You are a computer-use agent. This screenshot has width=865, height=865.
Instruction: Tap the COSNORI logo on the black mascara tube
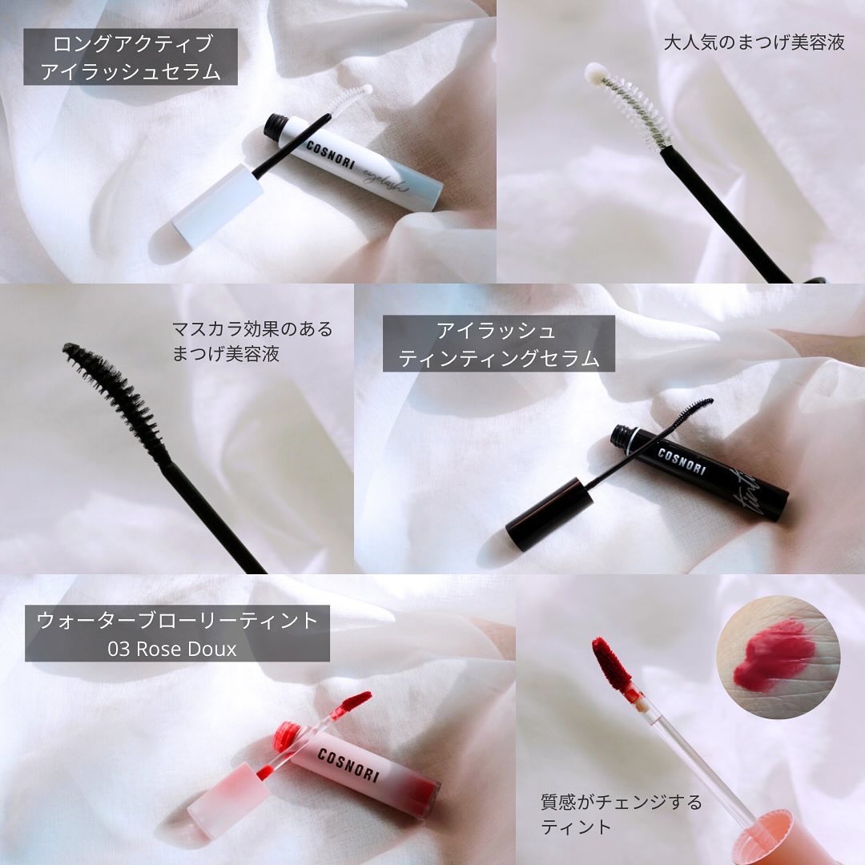tap(682, 462)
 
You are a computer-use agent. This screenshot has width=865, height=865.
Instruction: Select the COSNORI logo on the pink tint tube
tap(348, 765)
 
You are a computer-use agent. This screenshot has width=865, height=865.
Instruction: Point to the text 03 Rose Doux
tap(172, 649)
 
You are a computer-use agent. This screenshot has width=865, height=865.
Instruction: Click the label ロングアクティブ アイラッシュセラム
tap(131, 57)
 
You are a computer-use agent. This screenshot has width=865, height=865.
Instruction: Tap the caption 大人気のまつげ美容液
tap(754, 42)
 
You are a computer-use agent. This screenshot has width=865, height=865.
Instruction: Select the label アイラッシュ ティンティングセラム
tap(499, 344)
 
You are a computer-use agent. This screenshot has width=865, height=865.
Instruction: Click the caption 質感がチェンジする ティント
tap(622, 815)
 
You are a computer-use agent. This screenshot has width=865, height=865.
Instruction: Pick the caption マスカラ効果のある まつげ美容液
tap(252, 341)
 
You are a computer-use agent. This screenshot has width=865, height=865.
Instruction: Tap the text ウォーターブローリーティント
tap(178, 620)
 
